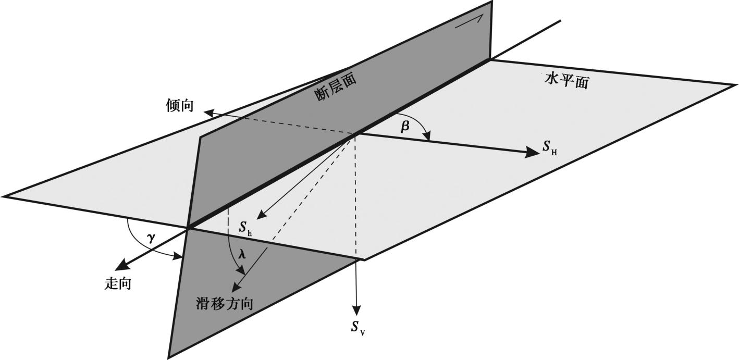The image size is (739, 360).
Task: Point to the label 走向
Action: [118, 284]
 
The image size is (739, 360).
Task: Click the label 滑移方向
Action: [225, 303]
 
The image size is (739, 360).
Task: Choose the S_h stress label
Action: [246, 228]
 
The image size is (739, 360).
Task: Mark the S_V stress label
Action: [358, 327]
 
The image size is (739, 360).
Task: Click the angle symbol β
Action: [405, 127]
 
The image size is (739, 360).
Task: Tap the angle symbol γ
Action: [151, 238]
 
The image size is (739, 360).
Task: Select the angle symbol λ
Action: [241, 255]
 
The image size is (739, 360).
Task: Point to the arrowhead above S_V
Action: [356, 309]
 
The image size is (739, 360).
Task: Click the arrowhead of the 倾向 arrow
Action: [207, 112]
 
